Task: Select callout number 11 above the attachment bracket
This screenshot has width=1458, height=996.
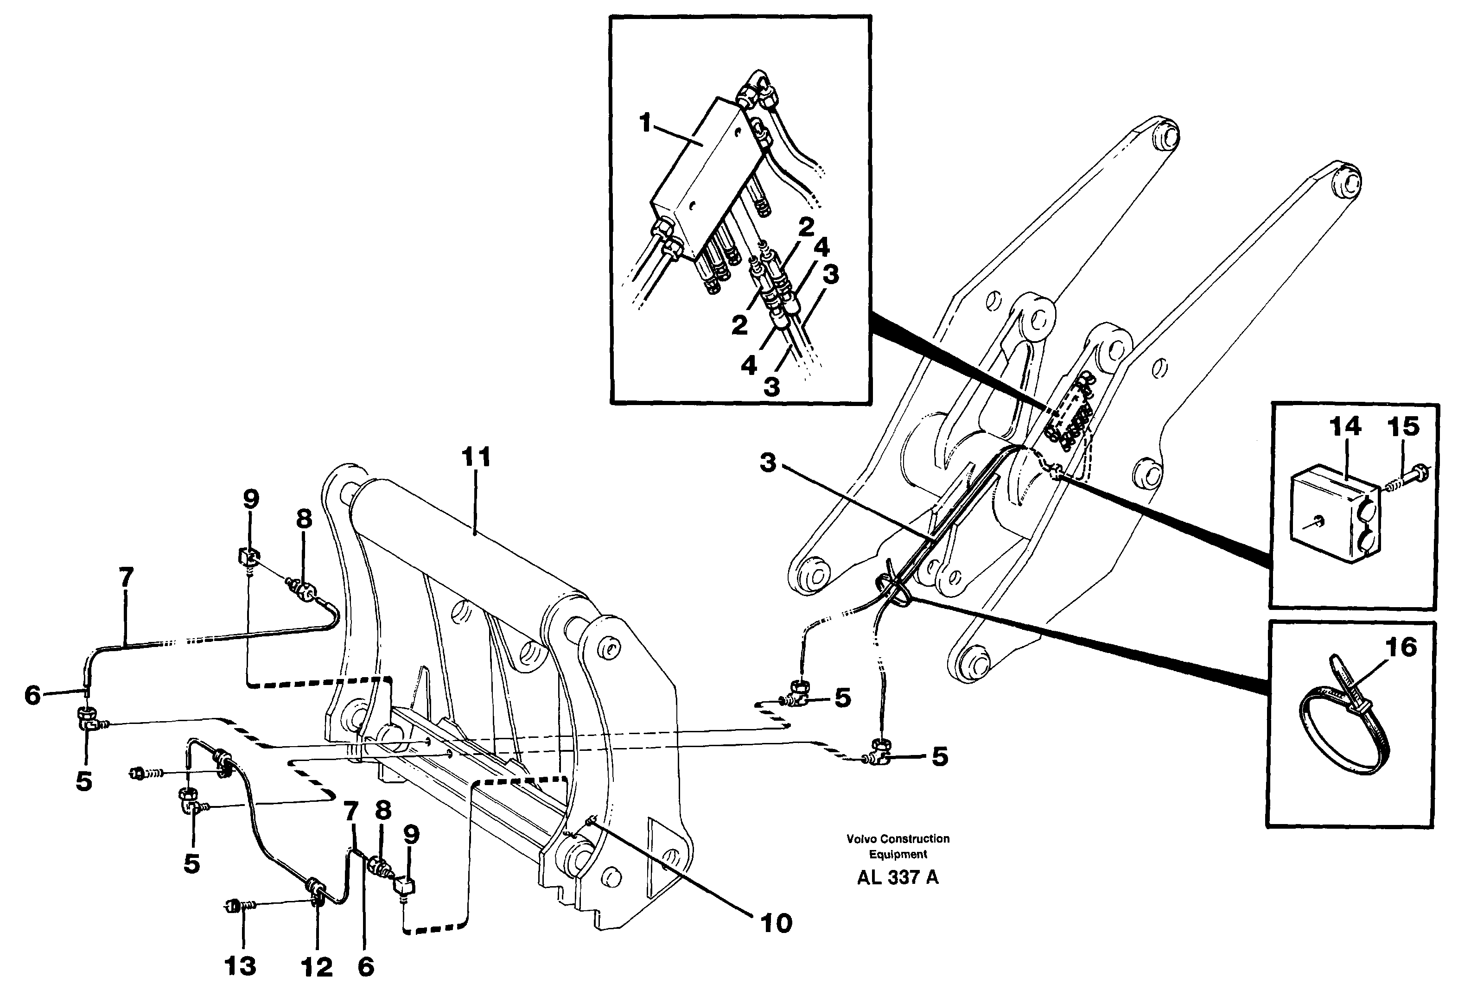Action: click(476, 457)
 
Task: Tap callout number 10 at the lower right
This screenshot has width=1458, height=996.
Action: click(776, 923)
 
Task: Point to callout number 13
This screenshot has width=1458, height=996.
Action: click(240, 966)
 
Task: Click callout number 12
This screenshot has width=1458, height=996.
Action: click(317, 968)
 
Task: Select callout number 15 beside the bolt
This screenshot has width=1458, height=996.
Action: click(1403, 426)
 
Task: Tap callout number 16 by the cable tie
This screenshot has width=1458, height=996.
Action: click(1400, 647)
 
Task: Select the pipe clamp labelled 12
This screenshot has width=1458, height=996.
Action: click(316, 891)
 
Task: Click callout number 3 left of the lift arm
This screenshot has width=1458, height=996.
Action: click(768, 463)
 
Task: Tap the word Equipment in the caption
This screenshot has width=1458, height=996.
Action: click(898, 854)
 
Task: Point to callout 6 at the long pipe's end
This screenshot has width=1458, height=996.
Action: click(32, 695)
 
